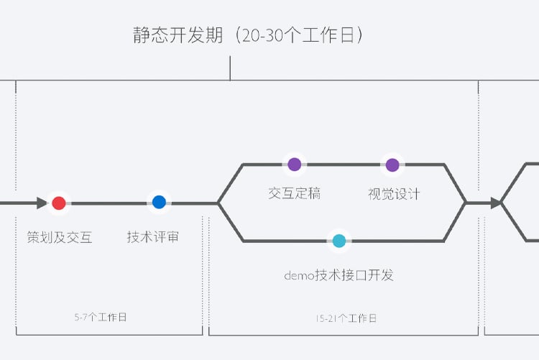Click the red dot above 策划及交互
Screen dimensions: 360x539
click(59, 203)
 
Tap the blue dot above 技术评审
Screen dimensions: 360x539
click(159, 203)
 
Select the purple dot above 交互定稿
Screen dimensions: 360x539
click(294, 165)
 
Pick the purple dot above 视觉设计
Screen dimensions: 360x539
click(392, 165)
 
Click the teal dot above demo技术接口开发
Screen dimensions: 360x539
click(339, 241)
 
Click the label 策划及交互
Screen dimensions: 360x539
click(60, 237)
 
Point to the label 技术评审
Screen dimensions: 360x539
click(153, 237)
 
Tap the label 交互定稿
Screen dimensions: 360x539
click(294, 193)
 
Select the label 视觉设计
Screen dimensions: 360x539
click(394, 193)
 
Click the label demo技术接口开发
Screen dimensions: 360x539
click(339, 275)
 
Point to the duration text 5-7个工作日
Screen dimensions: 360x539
click(101, 317)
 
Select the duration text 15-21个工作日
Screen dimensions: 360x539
click(346, 318)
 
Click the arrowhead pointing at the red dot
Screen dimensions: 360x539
click(42, 203)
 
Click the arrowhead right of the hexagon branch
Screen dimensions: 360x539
click(495, 203)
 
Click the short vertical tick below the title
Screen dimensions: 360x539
click(230, 69)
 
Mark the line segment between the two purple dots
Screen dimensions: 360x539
click(344, 165)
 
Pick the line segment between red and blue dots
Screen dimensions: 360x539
click(109, 203)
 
